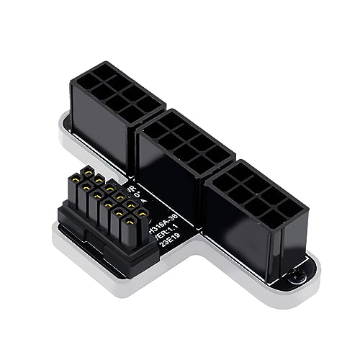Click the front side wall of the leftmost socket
click(108, 130)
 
